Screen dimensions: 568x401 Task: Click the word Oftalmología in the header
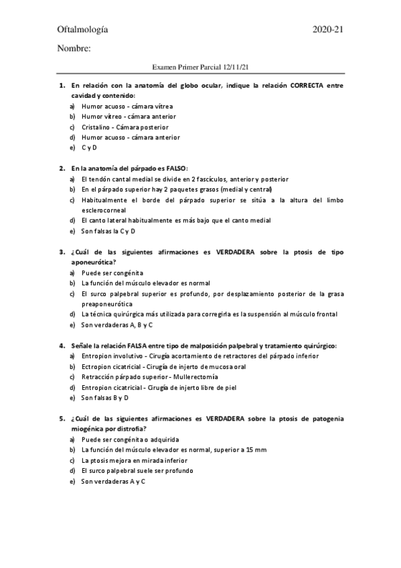pyautogui.click(x=83, y=29)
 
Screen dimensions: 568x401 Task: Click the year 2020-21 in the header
pyautogui.click(x=328, y=29)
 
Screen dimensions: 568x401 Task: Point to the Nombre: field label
pyautogui.click(x=74, y=48)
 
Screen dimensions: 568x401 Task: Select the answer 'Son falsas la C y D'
pyautogui.click(x=108, y=230)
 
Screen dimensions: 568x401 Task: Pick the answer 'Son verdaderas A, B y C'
pyautogui.click(x=116, y=324)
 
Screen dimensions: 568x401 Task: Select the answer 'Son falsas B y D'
pyautogui.click(x=105, y=397)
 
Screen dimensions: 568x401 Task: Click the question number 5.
pyautogui.click(x=62, y=418)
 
